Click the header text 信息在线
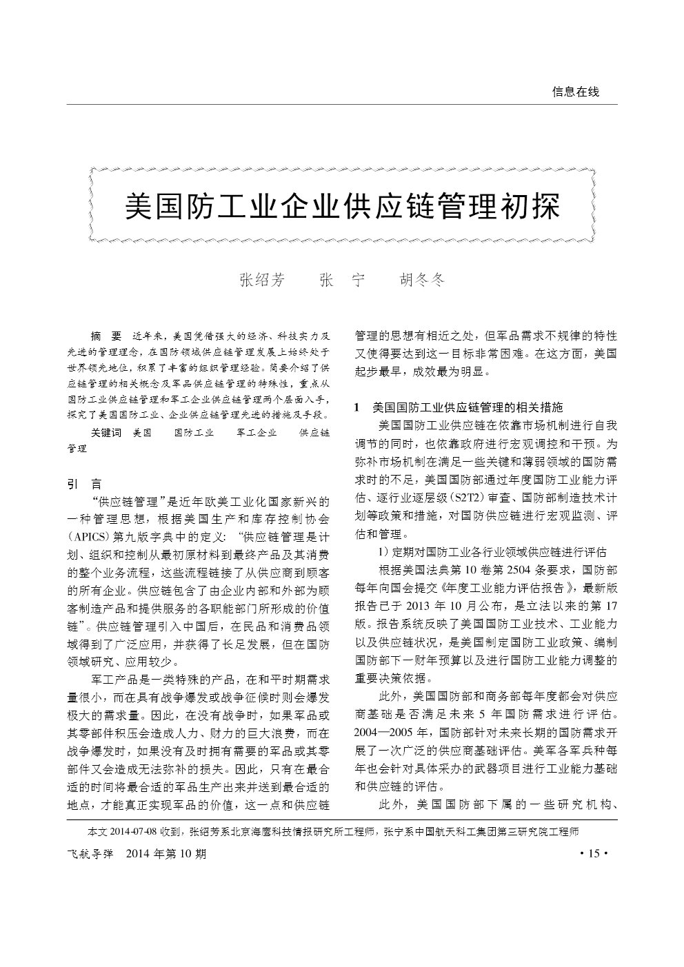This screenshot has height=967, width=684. click(576, 92)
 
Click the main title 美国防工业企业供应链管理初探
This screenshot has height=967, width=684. click(342, 205)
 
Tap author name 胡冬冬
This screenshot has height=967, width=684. click(423, 280)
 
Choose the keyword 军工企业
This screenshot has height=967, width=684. click(256, 433)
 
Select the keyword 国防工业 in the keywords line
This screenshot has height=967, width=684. click(194, 433)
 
